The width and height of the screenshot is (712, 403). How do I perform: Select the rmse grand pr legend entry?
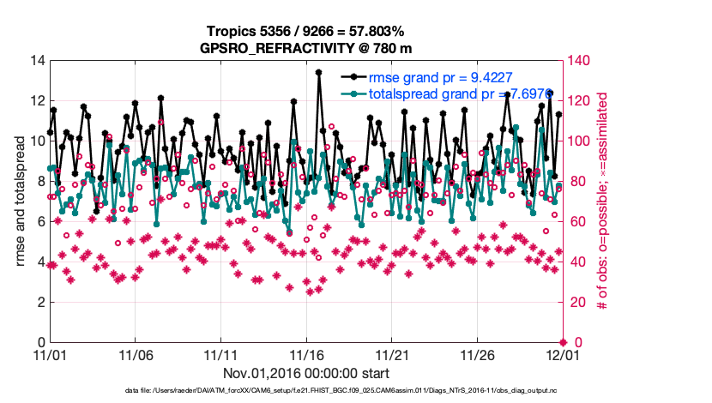click(x=439, y=77)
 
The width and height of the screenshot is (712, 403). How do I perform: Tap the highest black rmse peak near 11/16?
click(x=318, y=73)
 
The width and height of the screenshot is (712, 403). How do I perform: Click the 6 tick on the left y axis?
click(x=39, y=221)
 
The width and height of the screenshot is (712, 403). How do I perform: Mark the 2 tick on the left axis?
click(x=39, y=302)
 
